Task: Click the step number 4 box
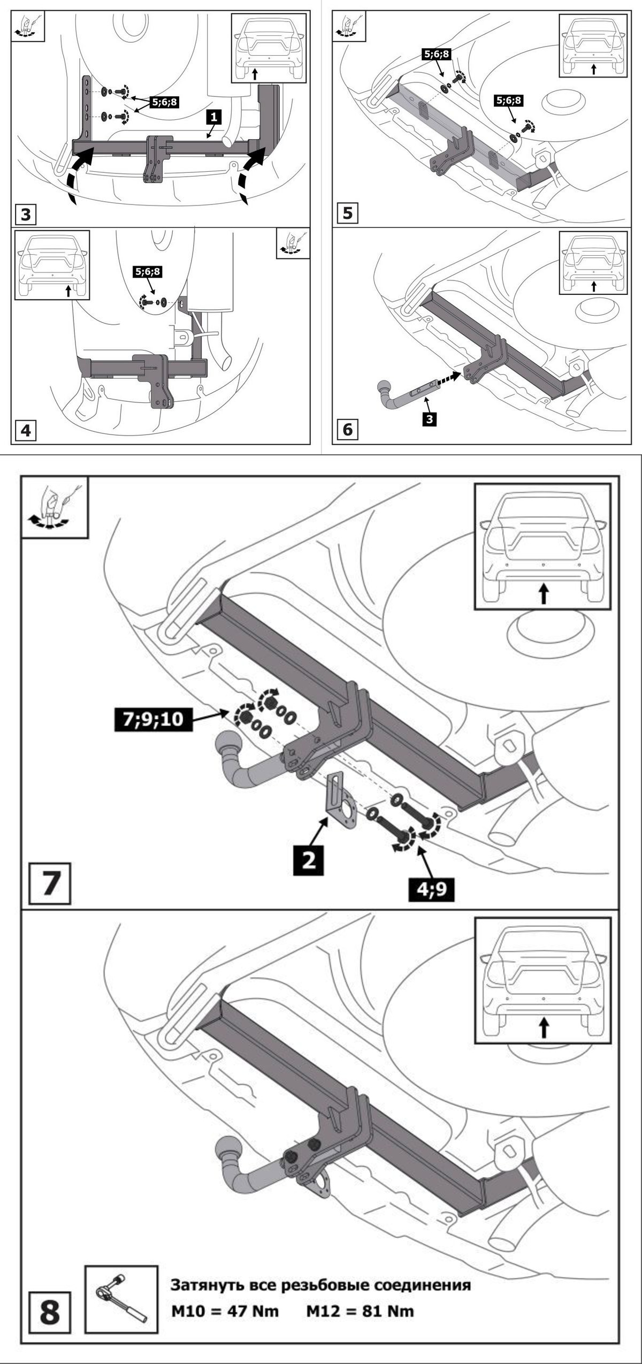click(x=26, y=430)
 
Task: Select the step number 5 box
click(x=347, y=214)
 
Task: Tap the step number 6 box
click(x=347, y=430)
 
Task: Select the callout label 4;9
click(x=431, y=891)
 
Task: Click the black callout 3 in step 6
click(x=429, y=420)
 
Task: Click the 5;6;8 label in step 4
click(x=148, y=272)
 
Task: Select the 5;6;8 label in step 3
click(x=164, y=102)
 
